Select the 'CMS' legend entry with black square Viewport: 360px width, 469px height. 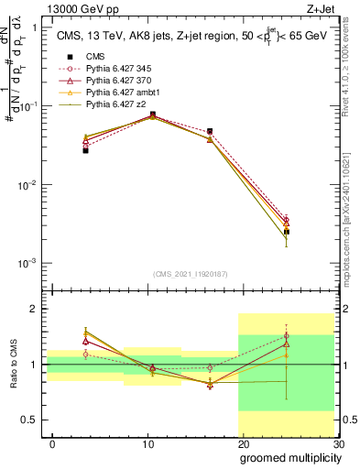pos(95,56)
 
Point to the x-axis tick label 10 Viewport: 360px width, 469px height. pos(147,444)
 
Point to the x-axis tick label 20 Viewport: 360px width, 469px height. pos(243,444)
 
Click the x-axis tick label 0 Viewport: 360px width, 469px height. pos(52,444)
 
